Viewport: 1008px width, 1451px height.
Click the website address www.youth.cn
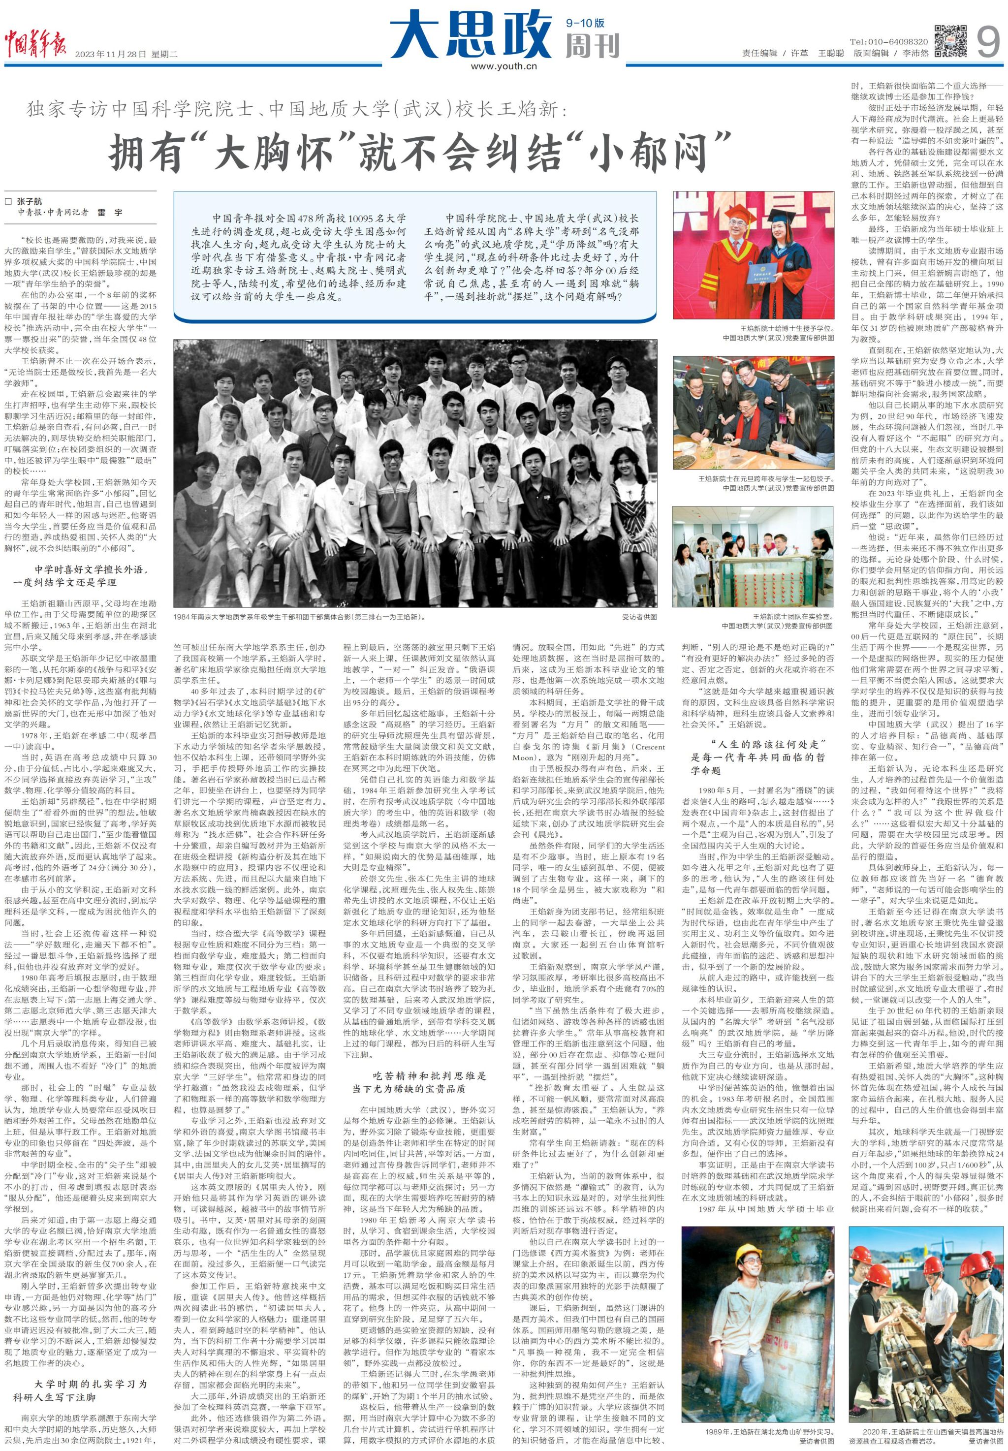pos(503,65)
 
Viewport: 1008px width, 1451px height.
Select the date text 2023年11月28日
pos(111,54)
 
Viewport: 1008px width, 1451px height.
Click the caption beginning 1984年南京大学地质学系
pos(300,617)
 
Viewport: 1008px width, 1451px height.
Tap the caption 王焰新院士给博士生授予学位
pos(787,328)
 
